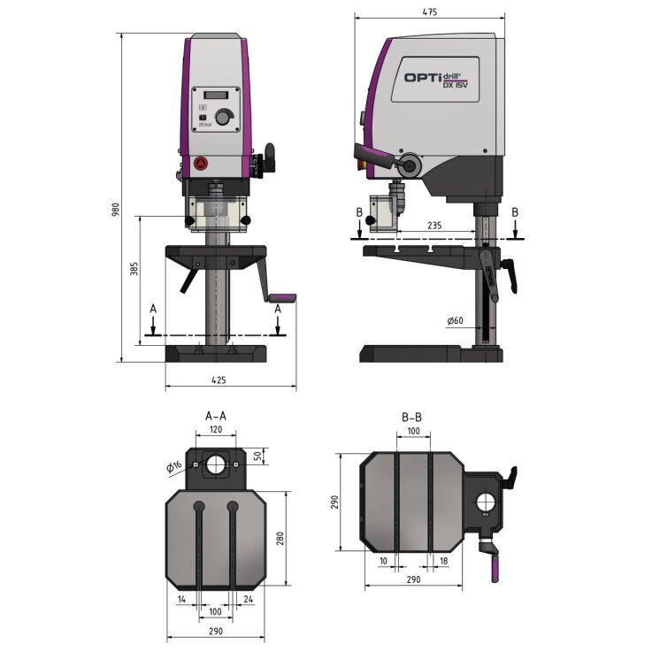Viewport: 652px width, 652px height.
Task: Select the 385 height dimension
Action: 134,269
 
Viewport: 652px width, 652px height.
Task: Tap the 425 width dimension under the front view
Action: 219,380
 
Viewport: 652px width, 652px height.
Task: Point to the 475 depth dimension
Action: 430,11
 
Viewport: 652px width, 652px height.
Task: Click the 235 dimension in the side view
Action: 433,226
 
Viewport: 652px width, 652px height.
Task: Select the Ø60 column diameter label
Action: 456,319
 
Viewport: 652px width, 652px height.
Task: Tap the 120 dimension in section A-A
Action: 214,429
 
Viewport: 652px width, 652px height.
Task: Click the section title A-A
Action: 214,415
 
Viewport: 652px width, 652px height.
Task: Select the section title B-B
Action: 411,415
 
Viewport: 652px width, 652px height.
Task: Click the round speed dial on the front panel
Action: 226,117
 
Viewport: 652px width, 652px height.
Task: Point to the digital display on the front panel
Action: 217,96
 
